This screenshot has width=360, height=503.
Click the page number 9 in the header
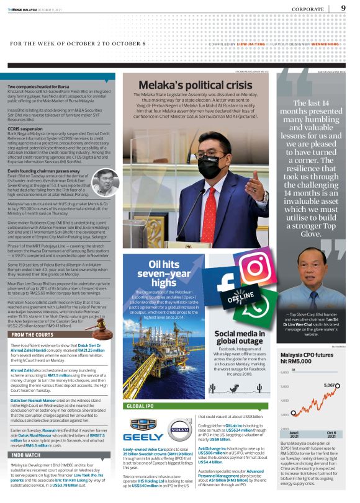pos(343,8)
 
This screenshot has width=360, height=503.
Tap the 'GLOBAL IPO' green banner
pos(145,406)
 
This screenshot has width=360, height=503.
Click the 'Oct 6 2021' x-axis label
pos(332,435)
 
